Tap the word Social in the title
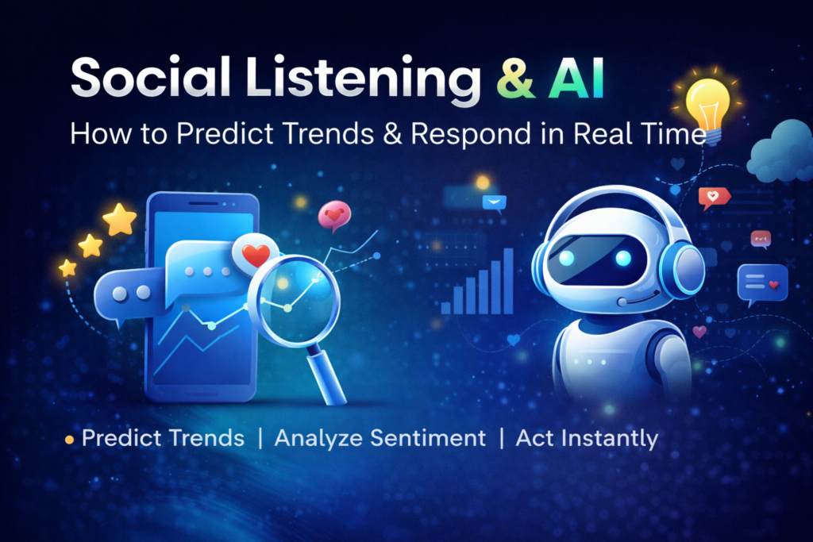[x=150, y=77]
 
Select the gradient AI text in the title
[x=576, y=79]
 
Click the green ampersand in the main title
[x=515, y=79]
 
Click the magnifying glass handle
[x=327, y=375]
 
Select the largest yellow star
[x=120, y=219]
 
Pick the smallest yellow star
[x=67, y=268]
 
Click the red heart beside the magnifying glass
[x=256, y=255]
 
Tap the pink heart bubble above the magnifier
[x=334, y=216]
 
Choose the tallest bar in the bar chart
[x=508, y=282]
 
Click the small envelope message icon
[x=495, y=203]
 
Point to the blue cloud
[x=781, y=150]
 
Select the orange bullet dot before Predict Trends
[x=70, y=440]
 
